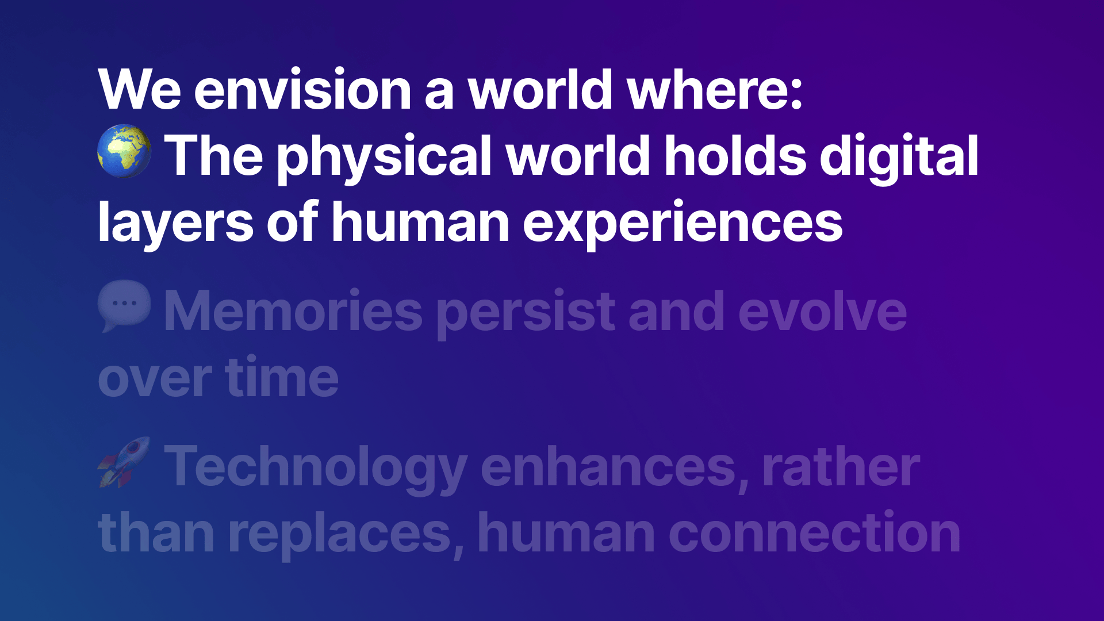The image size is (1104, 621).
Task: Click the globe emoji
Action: coord(124,151)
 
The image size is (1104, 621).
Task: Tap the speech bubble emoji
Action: coord(124,306)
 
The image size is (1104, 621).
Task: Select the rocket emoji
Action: coord(124,462)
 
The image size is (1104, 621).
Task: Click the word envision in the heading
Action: coord(303,90)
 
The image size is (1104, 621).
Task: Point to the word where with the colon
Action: coord(715,90)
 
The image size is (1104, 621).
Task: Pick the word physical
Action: coord(385,156)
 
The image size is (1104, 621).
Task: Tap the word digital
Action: coord(899,156)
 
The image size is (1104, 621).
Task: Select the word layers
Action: coord(175,223)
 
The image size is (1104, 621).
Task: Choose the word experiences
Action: coord(683,223)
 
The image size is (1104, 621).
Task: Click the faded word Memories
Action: coord(294,311)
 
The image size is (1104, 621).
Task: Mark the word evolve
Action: coord(823,311)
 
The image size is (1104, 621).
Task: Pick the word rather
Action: coord(841,466)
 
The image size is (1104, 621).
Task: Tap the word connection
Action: coord(815,533)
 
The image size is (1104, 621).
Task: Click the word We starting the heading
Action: coord(140,90)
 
